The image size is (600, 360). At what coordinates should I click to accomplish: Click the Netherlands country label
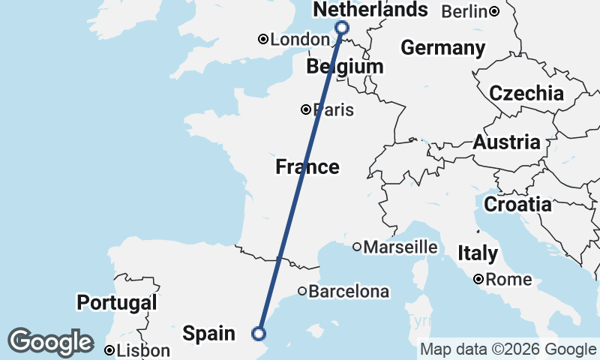(x=370, y=10)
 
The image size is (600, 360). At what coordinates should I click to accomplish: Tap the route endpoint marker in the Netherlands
(x=342, y=28)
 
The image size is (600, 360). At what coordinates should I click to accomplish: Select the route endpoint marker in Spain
(x=259, y=334)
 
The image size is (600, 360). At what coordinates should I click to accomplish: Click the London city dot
(x=263, y=39)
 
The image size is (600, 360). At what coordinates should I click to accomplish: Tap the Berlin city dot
(x=494, y=10)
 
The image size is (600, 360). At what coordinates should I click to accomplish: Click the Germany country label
(x=442, y=48)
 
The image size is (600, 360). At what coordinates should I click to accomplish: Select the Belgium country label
(x=345, y=67)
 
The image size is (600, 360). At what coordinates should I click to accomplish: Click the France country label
(x=307, y=166)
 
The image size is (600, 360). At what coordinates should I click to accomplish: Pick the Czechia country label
(x=526, y=94)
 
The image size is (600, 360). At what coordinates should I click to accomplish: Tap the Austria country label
(x=506, y=142)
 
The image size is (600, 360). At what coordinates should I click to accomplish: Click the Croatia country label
(x=517, y=204)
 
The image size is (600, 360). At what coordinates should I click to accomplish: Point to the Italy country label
(x=477, y=253)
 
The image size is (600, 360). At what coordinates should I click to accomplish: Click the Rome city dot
(x=478, y=280)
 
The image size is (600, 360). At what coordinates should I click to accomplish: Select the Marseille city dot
(x=358, y=247)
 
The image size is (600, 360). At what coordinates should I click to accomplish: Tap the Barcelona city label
(x=349, y=291)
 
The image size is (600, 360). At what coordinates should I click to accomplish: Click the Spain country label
(x=210, y=332)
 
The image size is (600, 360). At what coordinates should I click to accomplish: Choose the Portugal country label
(x=117, y=303)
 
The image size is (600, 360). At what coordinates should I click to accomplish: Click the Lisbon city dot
(x=109, y=350)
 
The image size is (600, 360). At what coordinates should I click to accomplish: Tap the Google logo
(x=51, y=342)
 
